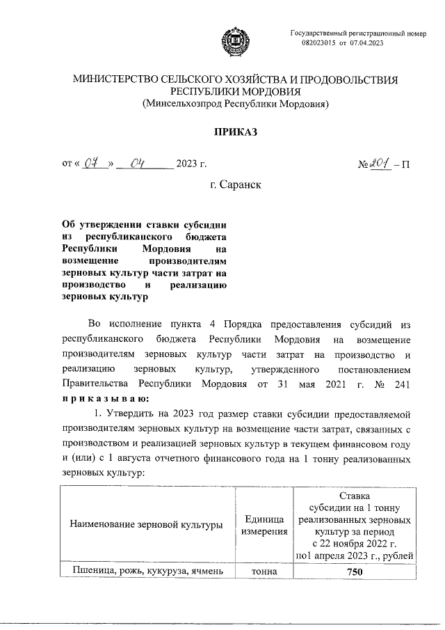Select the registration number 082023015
(x=319, y=43)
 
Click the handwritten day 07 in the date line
(x=94, y=164)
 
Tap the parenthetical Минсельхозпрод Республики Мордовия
(x=235, y=104)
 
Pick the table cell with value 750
(x=355, y=572)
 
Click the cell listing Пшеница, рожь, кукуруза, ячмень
(x=146, y=572)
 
